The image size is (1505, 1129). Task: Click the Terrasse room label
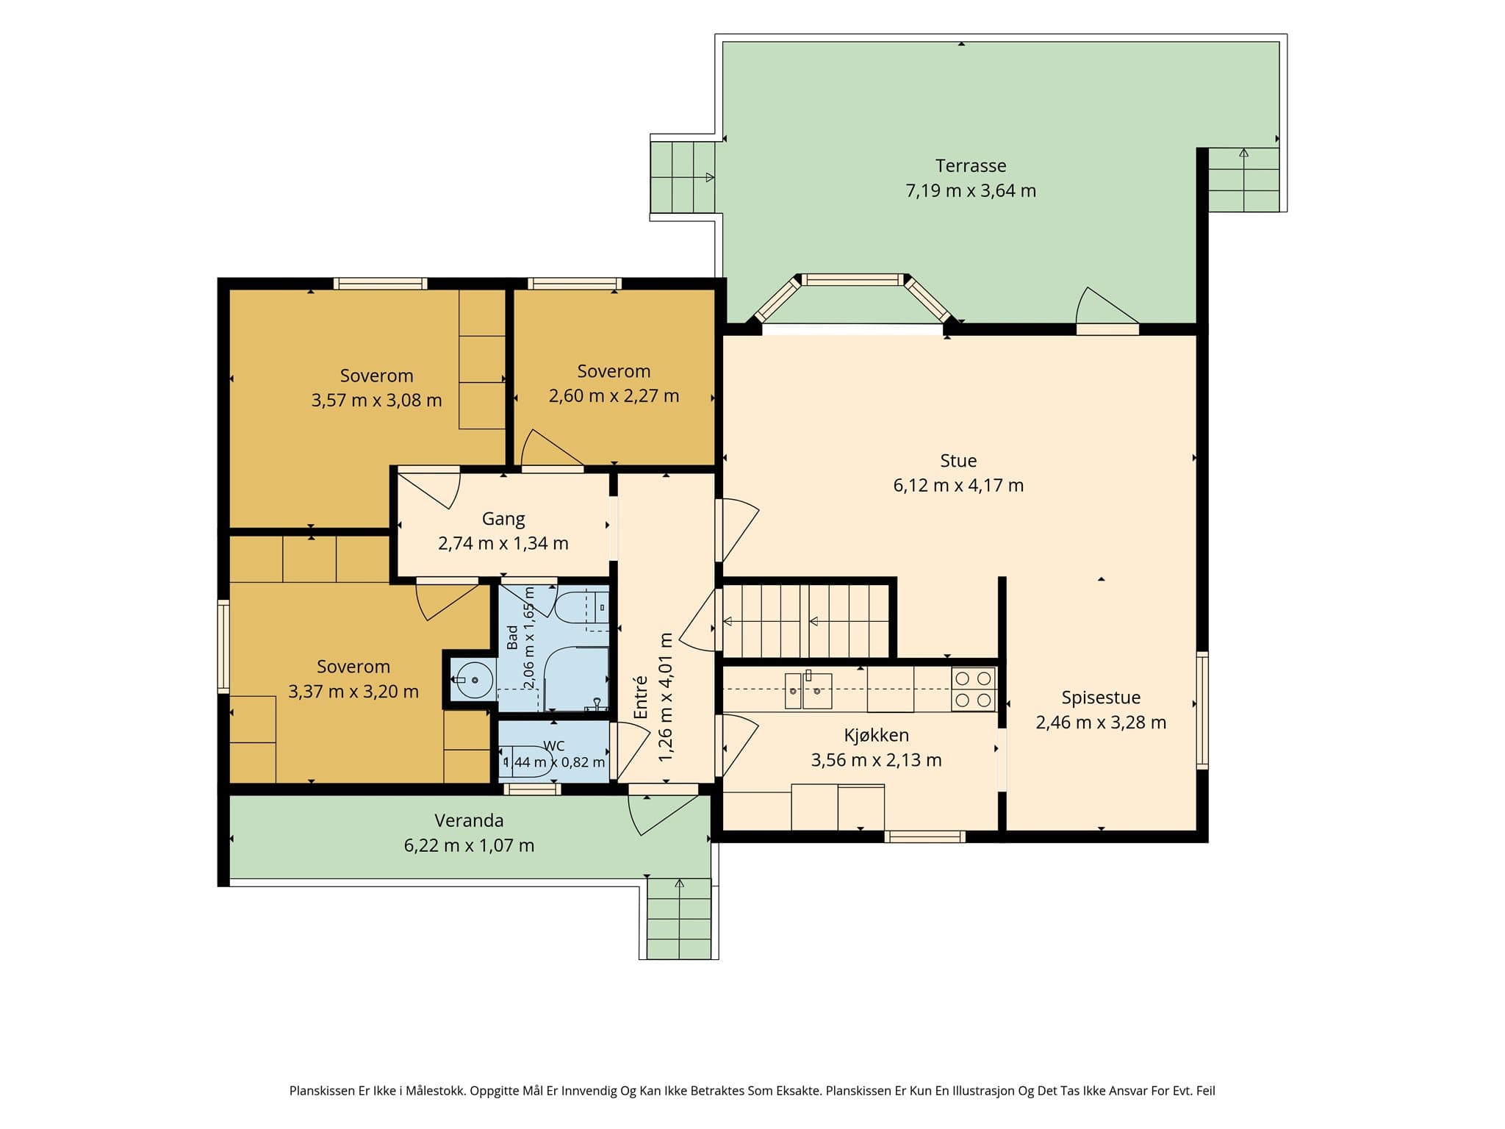point(970,166)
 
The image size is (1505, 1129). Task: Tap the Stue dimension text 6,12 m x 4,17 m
point(958,485)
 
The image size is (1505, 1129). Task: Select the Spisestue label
point(1101,698)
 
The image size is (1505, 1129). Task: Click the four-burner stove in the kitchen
point(974,689)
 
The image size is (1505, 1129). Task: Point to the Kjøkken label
point(876,735)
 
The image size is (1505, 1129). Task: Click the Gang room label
point(503,519)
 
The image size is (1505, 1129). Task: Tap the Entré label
point(641,697)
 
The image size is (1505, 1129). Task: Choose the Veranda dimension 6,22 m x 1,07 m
point(469,845)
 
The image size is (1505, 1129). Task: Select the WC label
point(554,746)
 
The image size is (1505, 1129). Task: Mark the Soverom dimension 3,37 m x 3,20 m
point(353,692)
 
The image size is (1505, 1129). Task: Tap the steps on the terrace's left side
point(683,177)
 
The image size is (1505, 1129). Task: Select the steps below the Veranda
point(679,919)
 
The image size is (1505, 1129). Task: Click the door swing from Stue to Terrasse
point(1107,305)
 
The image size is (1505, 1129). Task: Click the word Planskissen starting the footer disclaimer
point(323,1092)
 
